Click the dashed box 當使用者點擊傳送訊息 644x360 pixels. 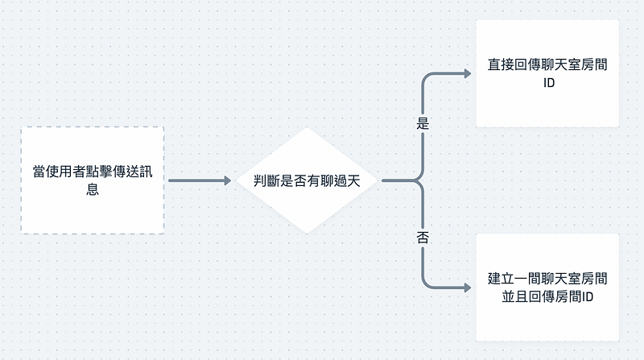[x=93, y=180]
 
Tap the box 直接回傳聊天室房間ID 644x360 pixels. [x=547, y=73]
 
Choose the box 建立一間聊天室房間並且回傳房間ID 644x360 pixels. [x=547, y=287]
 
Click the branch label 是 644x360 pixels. [x=423, y=125]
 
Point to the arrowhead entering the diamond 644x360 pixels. [x=226, y=180]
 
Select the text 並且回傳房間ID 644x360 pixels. [x=547, y=297]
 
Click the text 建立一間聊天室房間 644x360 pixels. [x=547, y=279]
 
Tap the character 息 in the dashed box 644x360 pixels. [x=93, y=191]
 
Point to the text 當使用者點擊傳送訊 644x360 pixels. [x=93, y=171]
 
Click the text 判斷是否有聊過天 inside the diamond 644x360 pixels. [x=306, y=180]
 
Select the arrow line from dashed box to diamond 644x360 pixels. [x=197, y=180]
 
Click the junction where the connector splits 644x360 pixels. [x=418, y=180]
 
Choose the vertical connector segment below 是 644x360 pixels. [x=423, y=153]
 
